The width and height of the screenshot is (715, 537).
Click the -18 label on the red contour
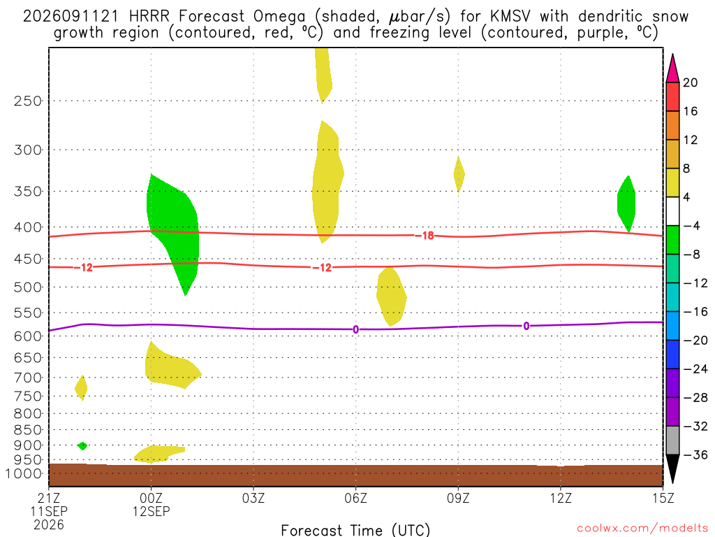[x=427, y=236]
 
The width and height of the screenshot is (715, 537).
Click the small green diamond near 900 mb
[x=82, y=445]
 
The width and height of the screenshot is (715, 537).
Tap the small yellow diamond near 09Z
[x=459, y=174]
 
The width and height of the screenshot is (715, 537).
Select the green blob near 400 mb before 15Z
[x=626, y=203]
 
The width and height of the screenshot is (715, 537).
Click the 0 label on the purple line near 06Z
[x=355, y=330]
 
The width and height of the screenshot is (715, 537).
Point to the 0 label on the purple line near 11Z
[x=526, y=326]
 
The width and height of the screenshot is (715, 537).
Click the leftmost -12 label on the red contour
[x=86, y=268]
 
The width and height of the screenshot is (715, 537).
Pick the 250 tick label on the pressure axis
[x=28, y=101]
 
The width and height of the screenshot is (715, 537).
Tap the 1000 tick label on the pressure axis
[x=24, y=473]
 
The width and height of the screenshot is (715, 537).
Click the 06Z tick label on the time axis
[x=355, y=498]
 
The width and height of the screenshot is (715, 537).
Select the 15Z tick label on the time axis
[x=663, y=498]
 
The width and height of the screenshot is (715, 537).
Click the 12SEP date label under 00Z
[x=151, y=511]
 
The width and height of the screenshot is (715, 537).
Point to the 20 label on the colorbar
[x=691, y=83]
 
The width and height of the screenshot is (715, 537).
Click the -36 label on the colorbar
[x=695, y=454]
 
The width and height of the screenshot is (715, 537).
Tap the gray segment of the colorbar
[x=672, y=441]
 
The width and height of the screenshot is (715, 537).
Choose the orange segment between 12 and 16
[x=672, y=126]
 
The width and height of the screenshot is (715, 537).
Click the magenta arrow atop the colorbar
[x=672, y=68]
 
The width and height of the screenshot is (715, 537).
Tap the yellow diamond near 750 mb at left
[x=81, y=388]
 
